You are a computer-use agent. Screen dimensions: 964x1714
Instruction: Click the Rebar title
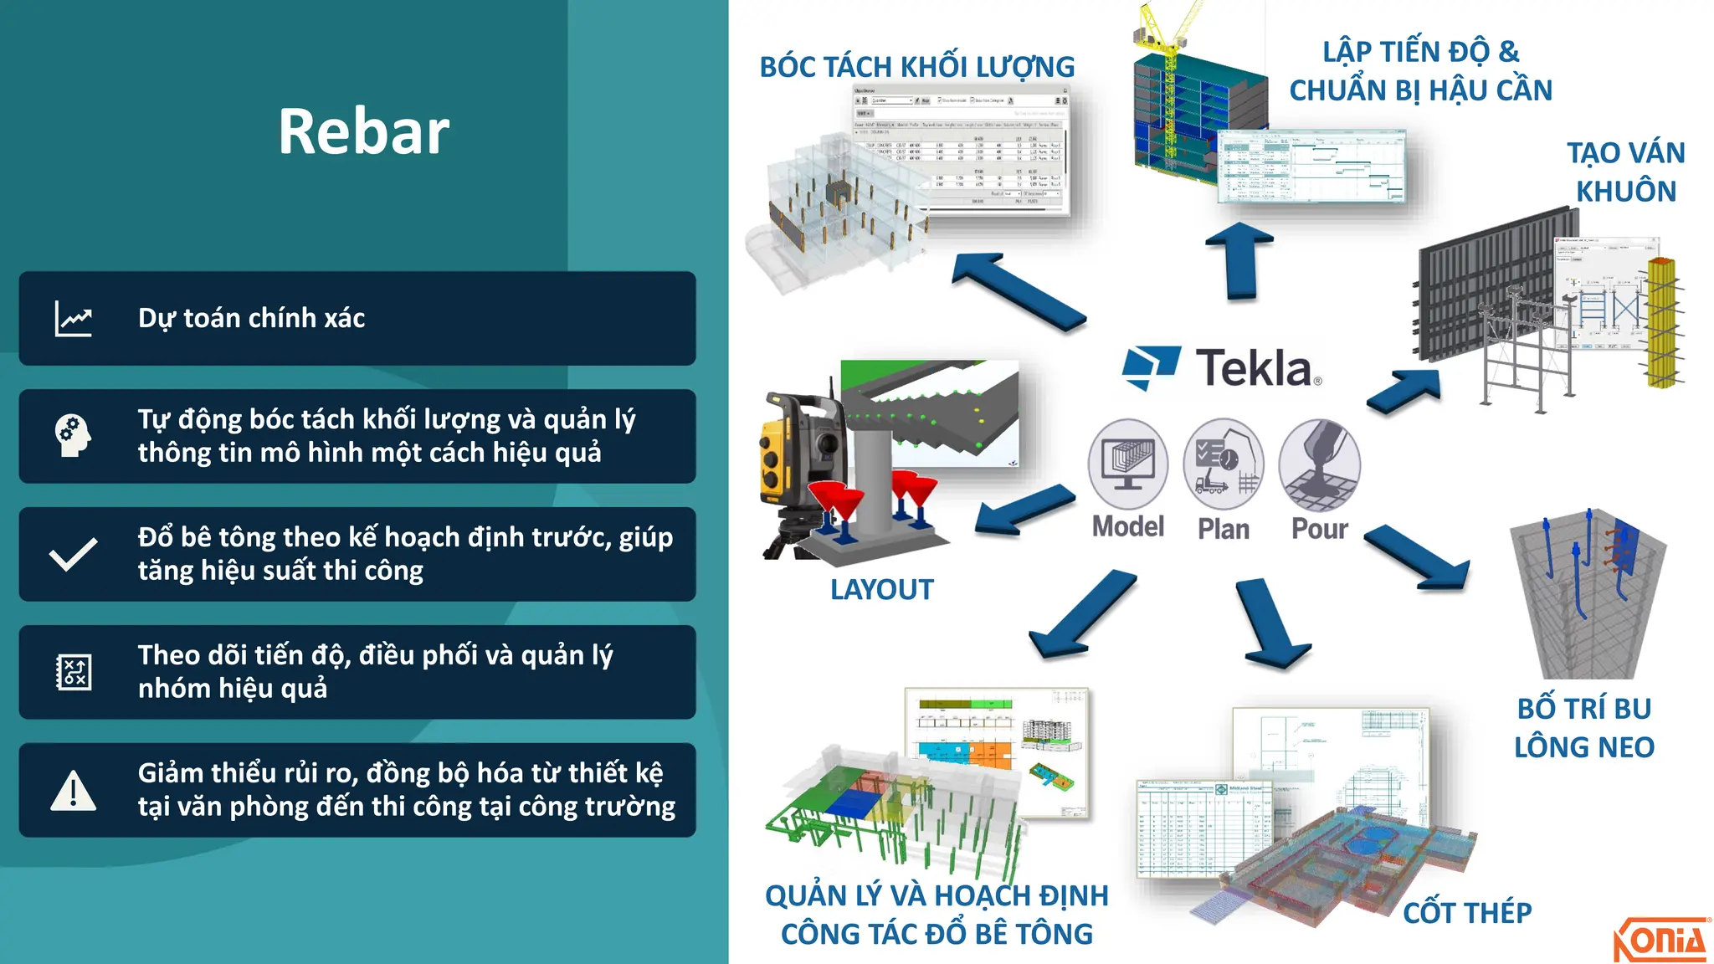[x=364, y=132]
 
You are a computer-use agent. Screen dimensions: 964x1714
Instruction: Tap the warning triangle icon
[x=74, y=791]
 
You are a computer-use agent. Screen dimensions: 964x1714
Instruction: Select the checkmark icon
[x=74, y=554]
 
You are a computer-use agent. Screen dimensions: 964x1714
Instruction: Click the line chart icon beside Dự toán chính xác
[x=74, y=319]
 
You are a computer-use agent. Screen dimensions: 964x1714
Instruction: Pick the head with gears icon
[x=73, y=436]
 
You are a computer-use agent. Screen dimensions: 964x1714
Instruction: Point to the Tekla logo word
[x=1254, y=368]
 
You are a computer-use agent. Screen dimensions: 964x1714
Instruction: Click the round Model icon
[x=1127, y=464]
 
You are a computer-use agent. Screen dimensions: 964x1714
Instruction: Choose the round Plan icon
[x=1224, y=464]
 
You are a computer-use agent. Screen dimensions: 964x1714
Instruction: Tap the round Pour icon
[x=1320, y=464]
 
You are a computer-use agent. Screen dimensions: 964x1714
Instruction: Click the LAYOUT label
[x=881, y=590]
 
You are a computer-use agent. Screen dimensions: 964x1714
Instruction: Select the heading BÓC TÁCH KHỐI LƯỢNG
[x=916, y=67]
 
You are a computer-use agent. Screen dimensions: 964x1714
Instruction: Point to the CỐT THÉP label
[x=1467, y=913]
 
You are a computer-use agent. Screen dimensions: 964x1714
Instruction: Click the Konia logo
[x=1660, y=940]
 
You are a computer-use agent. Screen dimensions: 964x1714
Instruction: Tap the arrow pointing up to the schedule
[x=1241, y=259]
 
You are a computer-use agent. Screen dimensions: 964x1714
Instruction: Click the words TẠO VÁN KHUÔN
[x=1625, y=172]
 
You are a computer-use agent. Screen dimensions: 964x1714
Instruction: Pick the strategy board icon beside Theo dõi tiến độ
[x=74, y=672]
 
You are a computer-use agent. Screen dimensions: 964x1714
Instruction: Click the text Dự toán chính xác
[x=251, y=319]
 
